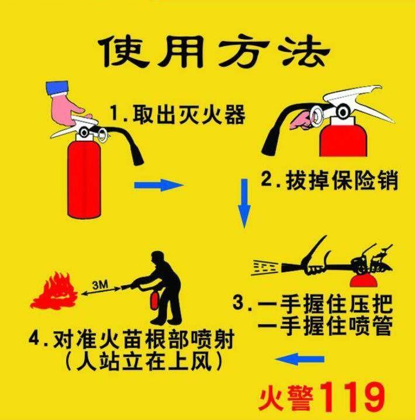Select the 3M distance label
click(x=101, y=284)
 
